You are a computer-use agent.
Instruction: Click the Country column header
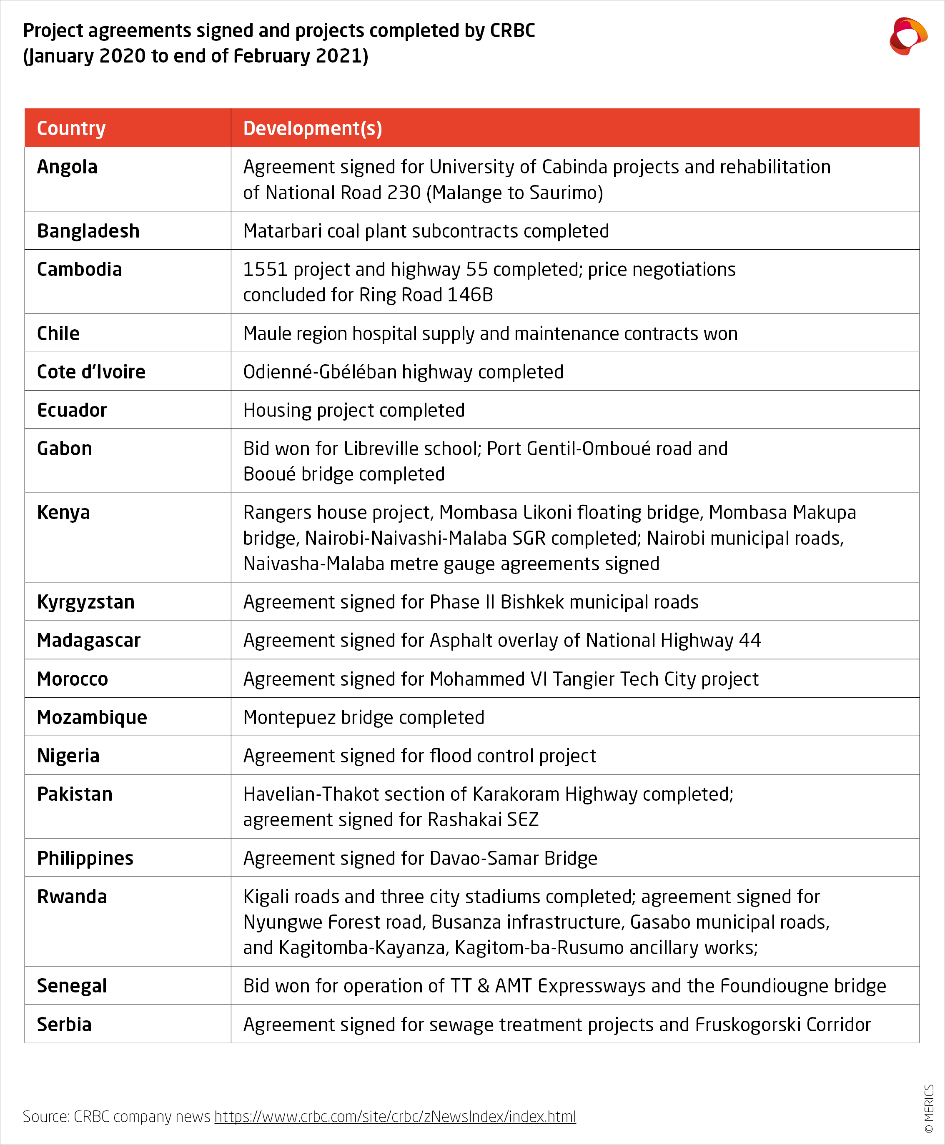click(x=71, y=128)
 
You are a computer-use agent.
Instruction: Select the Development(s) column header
click(x=313, y=128)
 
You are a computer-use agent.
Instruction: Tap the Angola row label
click(x=68, y=167)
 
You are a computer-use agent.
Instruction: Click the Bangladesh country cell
click(x=88, y=231)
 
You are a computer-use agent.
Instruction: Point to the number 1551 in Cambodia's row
click(x=265, y=269)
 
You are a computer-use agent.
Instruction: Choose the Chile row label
click(x=58, y=333)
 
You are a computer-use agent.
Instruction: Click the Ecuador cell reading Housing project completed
click(x=354, y=410)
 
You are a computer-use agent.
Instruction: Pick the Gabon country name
click(x=65, y=449)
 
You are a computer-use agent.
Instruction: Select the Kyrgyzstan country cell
click(x=86, y=602)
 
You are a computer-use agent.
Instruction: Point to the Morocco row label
click(x=73, y=679)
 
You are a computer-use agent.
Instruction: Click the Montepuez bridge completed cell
click(x=363, y=718)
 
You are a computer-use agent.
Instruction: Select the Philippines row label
click(x=85, y=858)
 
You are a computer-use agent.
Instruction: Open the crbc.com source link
click(x=395, y=1117)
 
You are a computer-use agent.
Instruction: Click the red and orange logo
click(x=907, y=36)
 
